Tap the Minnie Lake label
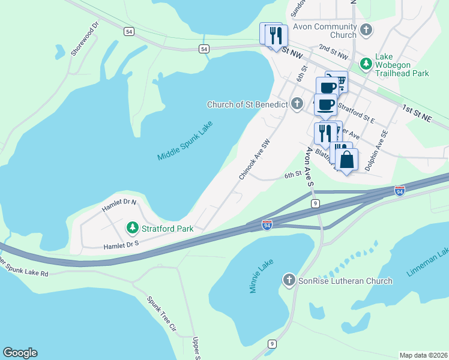pyautogui.click(x=261, y=276)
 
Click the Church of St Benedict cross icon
pyautogui.click(x=296, y=104)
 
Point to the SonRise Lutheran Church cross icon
pyautogui.click(x=289, y=280)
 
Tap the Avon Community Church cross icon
pyautogui.click(x=365, y=29)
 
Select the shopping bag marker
pyautogui.click(x=347, y=160)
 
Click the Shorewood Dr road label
pyautogui.click(x=84, y=40)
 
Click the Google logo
pyautogui.click(x=20, y=353)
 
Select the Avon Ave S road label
pyautogui.click(x=310, y=166)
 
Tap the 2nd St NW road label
pyautogui.click(x=333, y=51)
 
